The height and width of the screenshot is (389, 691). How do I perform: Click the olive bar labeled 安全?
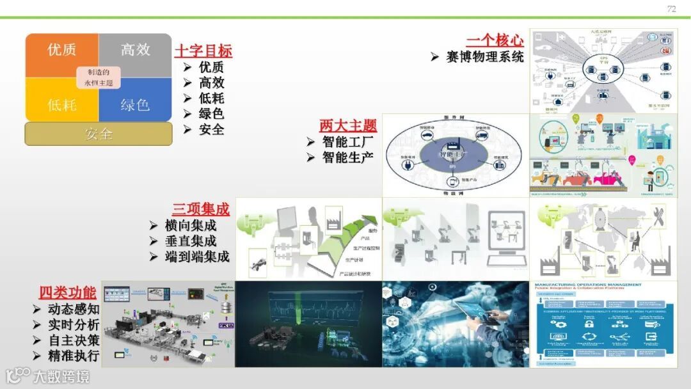(99, 134)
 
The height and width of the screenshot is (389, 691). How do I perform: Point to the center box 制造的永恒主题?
(99, 77)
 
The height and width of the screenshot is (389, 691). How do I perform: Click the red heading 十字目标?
(203, 51)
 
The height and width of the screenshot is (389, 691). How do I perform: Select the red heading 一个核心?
(495, 40)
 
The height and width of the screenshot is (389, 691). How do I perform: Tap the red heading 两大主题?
(348, 125)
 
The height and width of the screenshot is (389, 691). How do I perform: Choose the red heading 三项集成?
(200, 209)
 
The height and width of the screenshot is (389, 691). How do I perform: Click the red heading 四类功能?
(67, 293)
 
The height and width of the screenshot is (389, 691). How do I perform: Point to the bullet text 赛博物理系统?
(485, 57)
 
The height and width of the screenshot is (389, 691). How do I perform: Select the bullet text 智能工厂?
(348, 141)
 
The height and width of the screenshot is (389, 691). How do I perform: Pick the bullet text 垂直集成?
(191, 241)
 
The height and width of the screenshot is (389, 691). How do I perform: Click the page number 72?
(671, 8)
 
